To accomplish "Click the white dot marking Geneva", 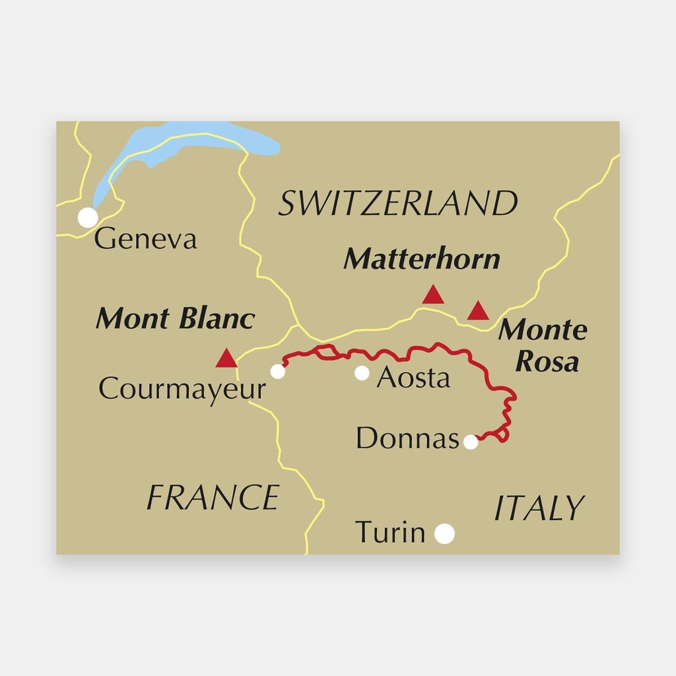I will click(88, 217).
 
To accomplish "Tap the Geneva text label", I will click(145, 238).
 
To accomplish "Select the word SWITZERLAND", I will click(397, 203).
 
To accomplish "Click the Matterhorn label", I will click(422, 259).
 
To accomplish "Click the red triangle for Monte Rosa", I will click(478, 311).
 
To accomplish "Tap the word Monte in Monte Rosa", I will click(543, 329).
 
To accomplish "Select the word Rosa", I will click(547, 361).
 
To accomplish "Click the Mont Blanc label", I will click(175, 319).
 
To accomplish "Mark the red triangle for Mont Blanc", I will click(226, 359).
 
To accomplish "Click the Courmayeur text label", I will click(182, 389).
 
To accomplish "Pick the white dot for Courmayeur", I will click(278, 372).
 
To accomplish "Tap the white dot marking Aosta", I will click(362, 373).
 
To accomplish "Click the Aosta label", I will click(413, 378).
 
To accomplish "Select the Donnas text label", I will click(407, 438).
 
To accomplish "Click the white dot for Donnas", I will click(471, 442).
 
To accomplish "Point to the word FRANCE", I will click(213, 497).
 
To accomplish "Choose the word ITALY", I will click(539, 508).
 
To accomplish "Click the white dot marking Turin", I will click(444, 533).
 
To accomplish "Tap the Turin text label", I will click(390, 532).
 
